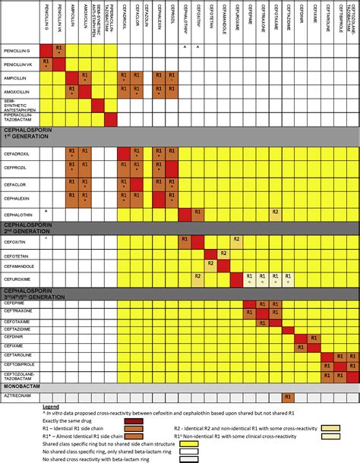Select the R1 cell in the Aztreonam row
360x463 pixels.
(x=287, y=396)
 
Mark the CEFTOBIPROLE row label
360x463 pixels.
(x=21, y=364)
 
